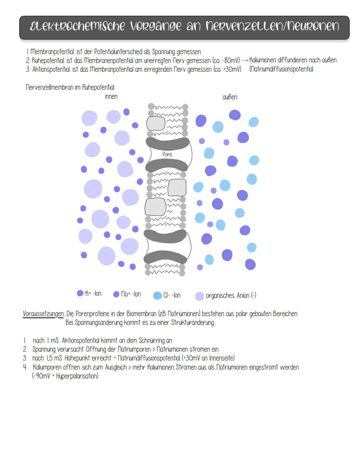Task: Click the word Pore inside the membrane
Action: point(167,154)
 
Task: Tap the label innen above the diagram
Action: point(111,97)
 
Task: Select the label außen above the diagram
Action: point(230,97)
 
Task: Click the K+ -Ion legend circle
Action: point(80,293)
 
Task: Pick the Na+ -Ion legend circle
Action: point(116,294)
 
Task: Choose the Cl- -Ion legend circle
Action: point(157,296)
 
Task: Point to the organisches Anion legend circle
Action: point(199,296)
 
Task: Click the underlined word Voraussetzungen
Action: point(43,314)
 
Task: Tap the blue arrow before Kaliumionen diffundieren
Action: point(245,60)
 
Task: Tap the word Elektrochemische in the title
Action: point(77,26)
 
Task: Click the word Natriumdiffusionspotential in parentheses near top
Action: point(282,69)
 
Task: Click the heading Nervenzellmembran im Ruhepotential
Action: point(70,87)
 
